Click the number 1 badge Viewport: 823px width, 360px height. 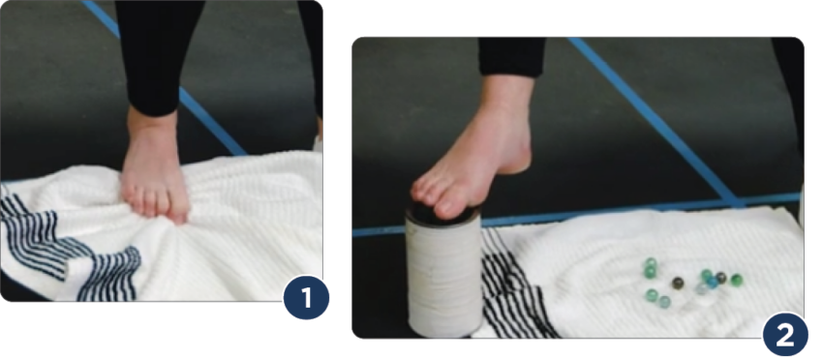tap(306, 299)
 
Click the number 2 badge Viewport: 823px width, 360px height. tap(784, 334)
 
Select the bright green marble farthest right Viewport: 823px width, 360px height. tap(736, 280)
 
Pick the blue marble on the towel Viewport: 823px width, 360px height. tap(713, 283)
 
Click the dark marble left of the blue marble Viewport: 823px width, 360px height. tap(678, 283)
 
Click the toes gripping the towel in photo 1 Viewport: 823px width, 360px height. tap(155, 206)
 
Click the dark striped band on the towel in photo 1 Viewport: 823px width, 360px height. tap(68, 247)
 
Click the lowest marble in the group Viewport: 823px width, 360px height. tap(664, 302)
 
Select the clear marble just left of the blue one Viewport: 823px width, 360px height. tap(700, 288)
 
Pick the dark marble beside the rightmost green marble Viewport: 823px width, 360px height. tap(721, 277)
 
